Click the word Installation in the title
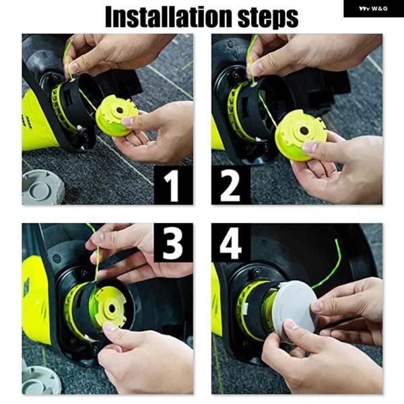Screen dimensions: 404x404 [169, 16]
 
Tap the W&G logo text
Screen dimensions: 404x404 [379, 9]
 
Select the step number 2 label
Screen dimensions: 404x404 [230, 185]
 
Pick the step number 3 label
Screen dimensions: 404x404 [172, 243]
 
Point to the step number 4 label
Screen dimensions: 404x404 [230, 243]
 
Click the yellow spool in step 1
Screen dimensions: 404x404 [116, 115]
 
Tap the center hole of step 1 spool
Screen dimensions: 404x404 [120, 110]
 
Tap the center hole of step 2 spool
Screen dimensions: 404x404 [304, 131]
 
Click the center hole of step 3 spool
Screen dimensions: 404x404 [112, 308]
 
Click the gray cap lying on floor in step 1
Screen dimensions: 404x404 [42, 187]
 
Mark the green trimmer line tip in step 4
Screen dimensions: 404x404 [336, 240]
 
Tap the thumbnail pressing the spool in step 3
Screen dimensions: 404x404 [110, 327]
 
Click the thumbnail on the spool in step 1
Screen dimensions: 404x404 [127, 121]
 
